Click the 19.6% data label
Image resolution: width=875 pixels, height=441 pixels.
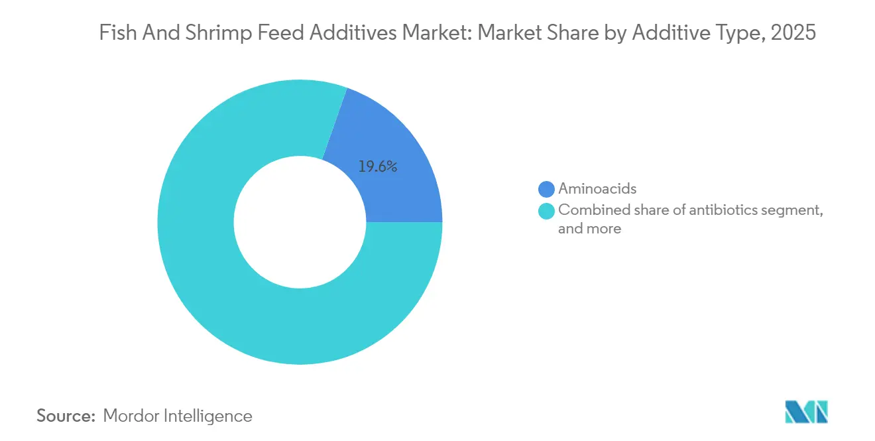[x=377, y=167]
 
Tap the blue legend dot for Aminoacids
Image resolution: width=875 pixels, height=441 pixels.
[x=546, y=189]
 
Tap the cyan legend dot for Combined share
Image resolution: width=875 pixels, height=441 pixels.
[x=546, y=211]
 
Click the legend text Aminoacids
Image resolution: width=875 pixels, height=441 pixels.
[x=597, y=189]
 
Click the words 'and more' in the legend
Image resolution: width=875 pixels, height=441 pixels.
[x=589, y=229]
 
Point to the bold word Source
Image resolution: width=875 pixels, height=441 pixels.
[x=66, y=416]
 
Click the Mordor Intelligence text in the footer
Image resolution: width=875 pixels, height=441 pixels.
[x=178, y=416]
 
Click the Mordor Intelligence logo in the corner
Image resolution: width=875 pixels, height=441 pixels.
[x=806, y=412]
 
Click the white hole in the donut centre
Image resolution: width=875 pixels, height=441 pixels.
[x=300, y=222]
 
